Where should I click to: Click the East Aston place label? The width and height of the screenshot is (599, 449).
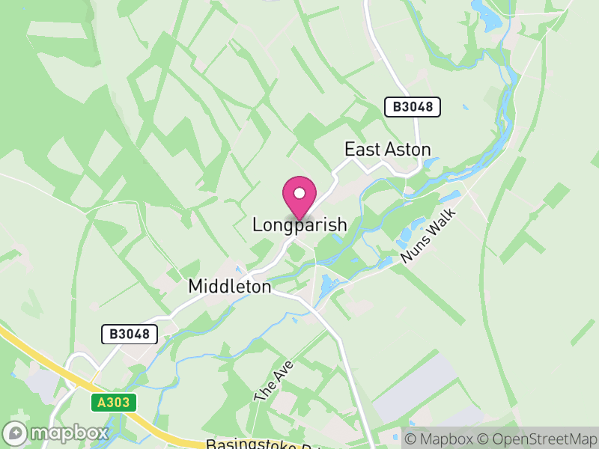[387, 150]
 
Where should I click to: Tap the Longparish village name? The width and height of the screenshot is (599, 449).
[299, 224]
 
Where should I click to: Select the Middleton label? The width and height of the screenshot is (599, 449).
[230, 286]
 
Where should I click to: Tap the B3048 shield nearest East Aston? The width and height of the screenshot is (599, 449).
[413, 107]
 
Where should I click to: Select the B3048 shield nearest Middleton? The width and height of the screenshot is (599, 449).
[130, 335]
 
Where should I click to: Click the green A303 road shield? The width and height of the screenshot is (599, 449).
[115, 403]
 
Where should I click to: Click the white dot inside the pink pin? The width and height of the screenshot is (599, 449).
[299, 193]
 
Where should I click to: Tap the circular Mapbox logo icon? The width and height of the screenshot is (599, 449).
[15, 433]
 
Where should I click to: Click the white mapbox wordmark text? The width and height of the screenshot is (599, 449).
[68, 433]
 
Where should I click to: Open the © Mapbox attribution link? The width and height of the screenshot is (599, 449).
[440, 437]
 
